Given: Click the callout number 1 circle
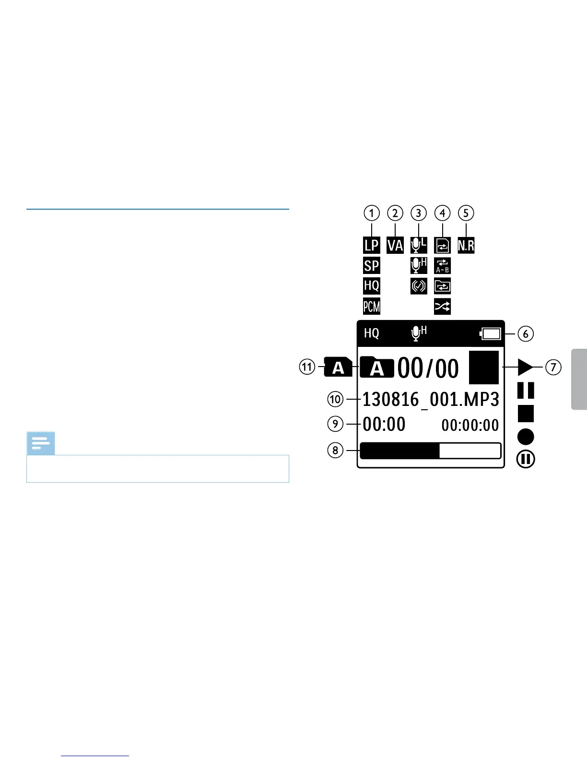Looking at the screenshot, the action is pos(371,213).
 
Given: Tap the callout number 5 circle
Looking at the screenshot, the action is pos(466,213).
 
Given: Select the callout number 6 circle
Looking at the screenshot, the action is pos(526,333).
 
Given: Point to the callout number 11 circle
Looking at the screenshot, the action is pos(307,368).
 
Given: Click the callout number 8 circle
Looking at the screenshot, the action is pos(335,450).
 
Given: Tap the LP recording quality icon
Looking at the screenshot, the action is pos(371,245).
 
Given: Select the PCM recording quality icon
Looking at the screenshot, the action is pos(371,306).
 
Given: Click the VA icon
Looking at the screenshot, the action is pos(395,245).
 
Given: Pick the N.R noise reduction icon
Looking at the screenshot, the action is pos(466,245).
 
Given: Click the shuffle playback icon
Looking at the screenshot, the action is pos(442,306).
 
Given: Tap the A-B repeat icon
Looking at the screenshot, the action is pos(442,266).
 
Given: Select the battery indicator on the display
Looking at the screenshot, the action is pos(490,333).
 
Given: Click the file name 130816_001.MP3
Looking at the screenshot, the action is pos(430,400).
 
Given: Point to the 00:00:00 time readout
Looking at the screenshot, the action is pos(470,425).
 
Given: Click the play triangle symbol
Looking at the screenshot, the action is pos(525,368).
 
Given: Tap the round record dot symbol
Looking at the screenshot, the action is pos(526,437).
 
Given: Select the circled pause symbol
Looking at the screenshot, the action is pos(526,459).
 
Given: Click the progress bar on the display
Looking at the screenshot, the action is pos(430,451).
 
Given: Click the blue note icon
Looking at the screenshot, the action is pos(41,443).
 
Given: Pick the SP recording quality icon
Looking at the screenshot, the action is pos(371,266).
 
